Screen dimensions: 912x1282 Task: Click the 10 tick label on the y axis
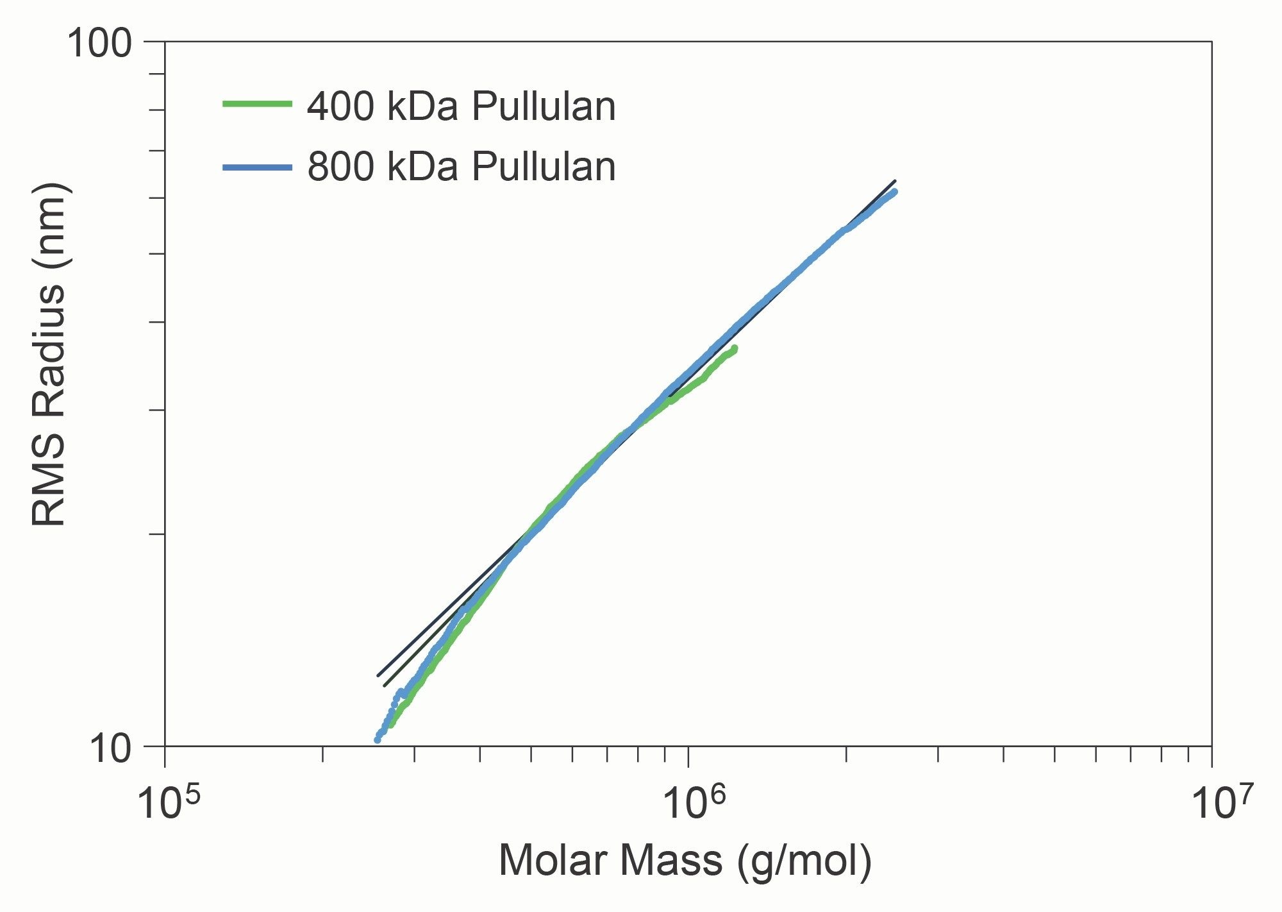pyautogui.click(x=110, y=748)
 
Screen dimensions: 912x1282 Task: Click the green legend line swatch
pyautogui.click(x=257, y=103)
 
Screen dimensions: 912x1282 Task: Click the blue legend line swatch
pyautogui.click(x=257, y=167)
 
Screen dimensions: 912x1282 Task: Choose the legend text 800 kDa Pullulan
pyautogui.click(x=461, y=167)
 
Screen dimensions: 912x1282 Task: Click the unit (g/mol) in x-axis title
pyautogui.click(x=804, y=861)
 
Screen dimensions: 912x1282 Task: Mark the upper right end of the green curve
pyautogui.click(x=735, y=348)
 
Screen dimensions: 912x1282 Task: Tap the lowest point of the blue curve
pyautogui.click(x=378, y=739)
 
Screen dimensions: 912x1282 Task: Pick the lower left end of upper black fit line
pyautogui.click(x=378, y=676)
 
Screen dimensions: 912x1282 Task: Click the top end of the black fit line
pyautogui.click(x=895, y=181)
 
